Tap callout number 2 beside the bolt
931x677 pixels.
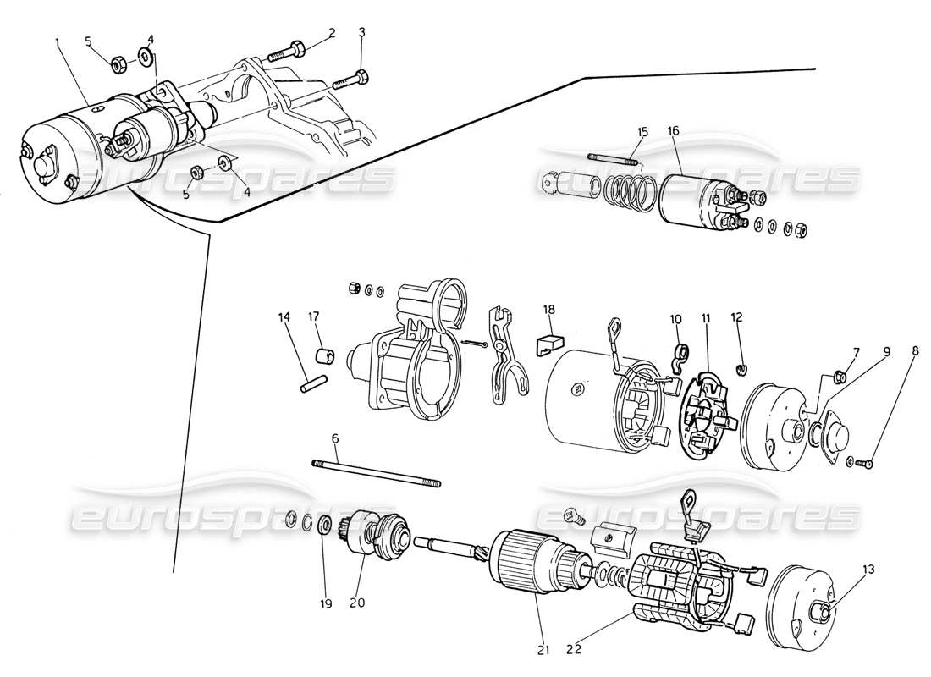(x=333, y=33)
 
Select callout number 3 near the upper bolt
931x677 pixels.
(x=361, y=33)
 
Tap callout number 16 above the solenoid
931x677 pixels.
(x=674, y=131)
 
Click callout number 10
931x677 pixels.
(x=675, y=319)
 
